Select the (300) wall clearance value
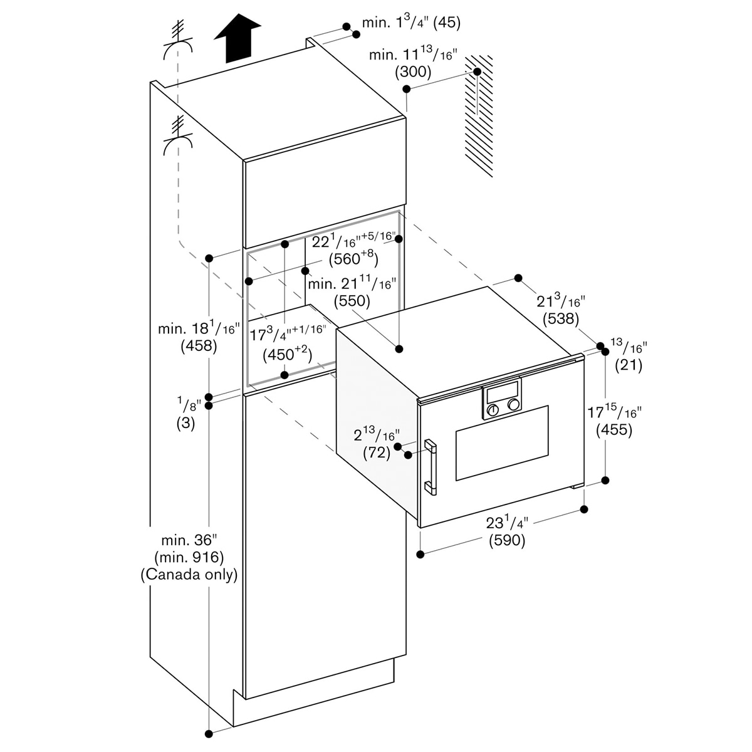click(413, 72)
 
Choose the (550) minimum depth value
click(352, 301)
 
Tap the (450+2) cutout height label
click(286, 355)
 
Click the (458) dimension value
click(198, 345)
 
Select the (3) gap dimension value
click(185, 423)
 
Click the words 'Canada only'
click(189, 575)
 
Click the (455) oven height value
click(614, 431)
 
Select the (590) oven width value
click(507, 540)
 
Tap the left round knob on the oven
click(493, 410)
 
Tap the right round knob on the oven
click(514, 404)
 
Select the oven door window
click(501, 444)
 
